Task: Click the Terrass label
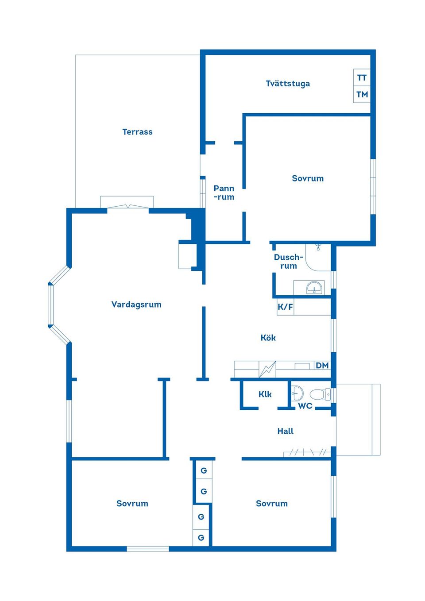coord(137,132)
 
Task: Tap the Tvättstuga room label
coord(288,84)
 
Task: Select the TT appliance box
coord(362,77)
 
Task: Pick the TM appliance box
coord(362,94)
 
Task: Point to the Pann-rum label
coord(224,193)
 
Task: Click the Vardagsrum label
coord(136,304)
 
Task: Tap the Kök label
coord(268,338)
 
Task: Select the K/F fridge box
coord(285,307)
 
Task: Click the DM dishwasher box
coord(322,365)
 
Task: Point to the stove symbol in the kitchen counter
coord(267,369)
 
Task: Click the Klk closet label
coord(265,394)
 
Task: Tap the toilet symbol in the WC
coord(320,394)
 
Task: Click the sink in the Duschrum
coord(313,288)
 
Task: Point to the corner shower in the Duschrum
coord(318,257)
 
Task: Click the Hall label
coord(285,431)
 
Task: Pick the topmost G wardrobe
coord(204,470)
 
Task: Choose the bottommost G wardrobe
coord(201,538)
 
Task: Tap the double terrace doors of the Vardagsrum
coord(127,207)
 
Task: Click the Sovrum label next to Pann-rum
coord(308,178)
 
